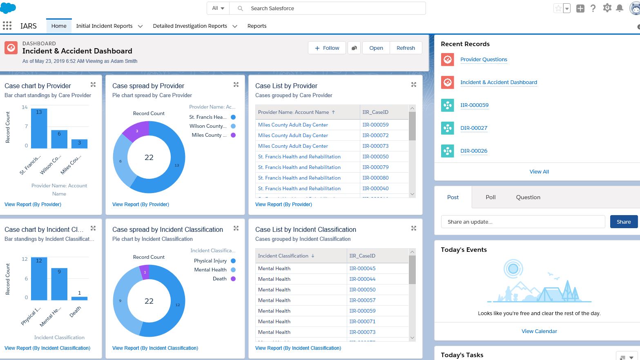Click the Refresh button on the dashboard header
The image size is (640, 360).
406,48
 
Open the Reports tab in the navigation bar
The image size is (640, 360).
256,26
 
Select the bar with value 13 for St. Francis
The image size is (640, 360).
39,129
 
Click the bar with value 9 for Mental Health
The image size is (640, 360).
59,284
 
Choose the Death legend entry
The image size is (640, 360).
220,279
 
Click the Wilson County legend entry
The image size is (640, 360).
208,126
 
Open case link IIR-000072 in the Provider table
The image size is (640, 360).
375,135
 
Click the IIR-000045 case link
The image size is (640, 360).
362,268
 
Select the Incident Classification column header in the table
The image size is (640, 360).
283,256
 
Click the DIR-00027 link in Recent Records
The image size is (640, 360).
474,128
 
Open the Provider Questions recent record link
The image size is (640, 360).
484,59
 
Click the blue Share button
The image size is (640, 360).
623,222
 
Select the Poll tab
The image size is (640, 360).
491,197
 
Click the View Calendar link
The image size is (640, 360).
539,331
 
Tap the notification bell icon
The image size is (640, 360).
620,8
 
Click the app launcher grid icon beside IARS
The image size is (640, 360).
7,26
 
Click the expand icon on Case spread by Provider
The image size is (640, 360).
236,84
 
